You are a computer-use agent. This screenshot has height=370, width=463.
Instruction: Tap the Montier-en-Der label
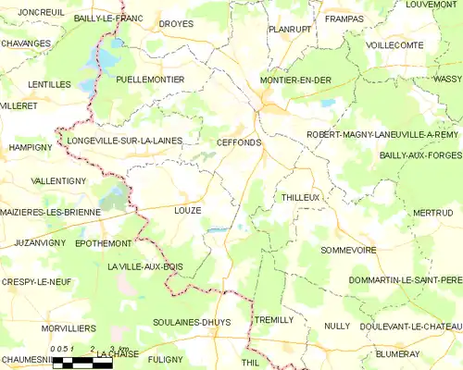pyautogui.click(x=296, y=80)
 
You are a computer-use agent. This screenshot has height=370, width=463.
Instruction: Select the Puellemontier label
pyautogui.click(x=151, y=80)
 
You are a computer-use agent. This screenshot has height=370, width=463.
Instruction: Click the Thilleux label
pyautogui.click(x=300, y=198)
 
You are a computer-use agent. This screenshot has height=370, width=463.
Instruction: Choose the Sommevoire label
pyautogui.click(x=348, y=250)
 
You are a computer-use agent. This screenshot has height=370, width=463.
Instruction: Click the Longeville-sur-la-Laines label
pyautogui.click(x=124, y=141)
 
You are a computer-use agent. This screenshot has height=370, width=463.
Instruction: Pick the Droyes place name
pyautogui.click(x=176, y=24)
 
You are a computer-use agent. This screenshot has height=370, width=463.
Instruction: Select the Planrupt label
pyautogui.click(x=289, y=29)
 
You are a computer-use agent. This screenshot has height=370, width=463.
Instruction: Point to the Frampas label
pyautogui.click(x=343, y=18)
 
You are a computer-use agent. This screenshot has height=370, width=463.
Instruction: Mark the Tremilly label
pyautogui.click(x=273, y=319)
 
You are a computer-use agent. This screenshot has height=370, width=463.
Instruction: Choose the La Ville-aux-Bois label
pyautogui.click(x=144, y=267)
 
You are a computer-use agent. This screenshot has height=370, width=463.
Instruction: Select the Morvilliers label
pyautogui.click(x=69, y=328)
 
